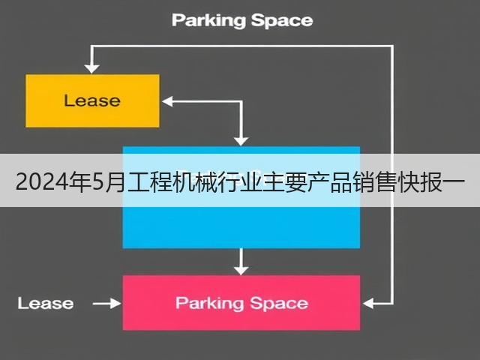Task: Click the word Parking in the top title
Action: click(208, 21)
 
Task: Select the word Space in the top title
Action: click(282, 21)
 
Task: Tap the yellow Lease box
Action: click(92, 100)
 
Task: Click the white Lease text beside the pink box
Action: click(46, 303)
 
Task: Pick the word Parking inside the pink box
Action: click(209, 303)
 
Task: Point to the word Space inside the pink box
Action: click(279, 303)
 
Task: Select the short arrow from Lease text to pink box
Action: click(107, 304)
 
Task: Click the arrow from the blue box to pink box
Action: click(241, 262)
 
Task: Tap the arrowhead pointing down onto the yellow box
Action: click(91, 69)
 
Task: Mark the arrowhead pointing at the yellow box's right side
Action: click(167, 101)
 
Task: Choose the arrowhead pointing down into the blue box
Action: click(241, 141)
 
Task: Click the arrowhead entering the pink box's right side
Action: click(367, 304)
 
